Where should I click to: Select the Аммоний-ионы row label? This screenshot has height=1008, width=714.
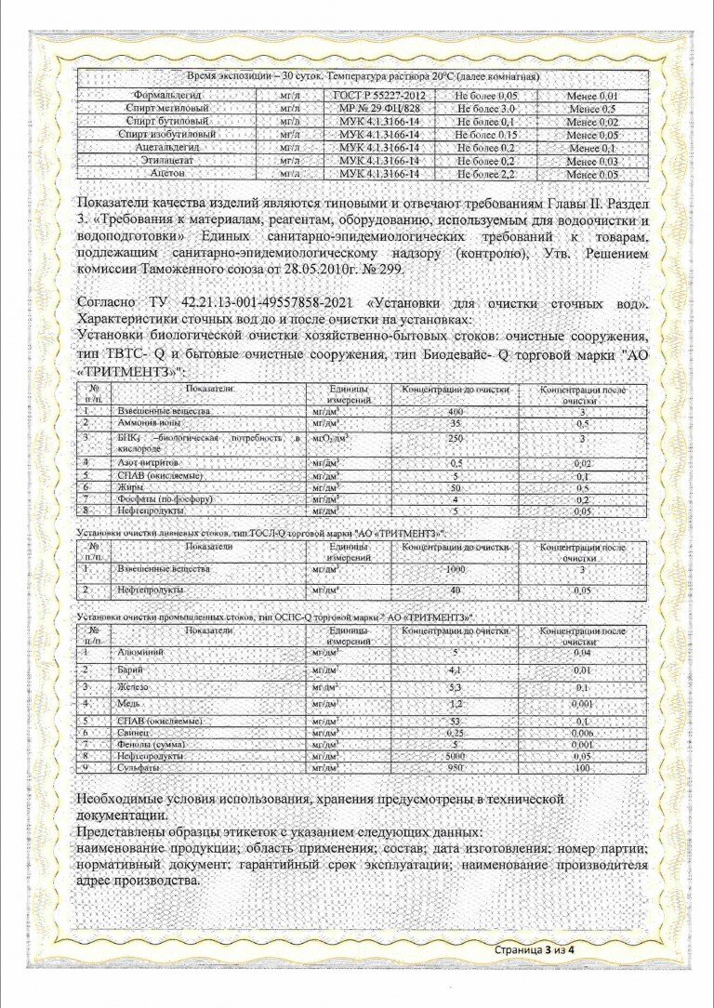click(x=150, y=424)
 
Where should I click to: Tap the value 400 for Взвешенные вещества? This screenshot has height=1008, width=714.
click(x=456, y=411)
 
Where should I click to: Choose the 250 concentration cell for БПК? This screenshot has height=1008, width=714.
click(x=456, y=438)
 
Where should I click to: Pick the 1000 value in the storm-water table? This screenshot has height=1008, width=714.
click(x=456, y=568)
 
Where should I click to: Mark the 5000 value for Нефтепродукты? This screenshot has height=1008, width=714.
click(x=456, y=757)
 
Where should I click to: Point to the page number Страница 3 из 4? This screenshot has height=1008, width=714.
click(x=535, y=949)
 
